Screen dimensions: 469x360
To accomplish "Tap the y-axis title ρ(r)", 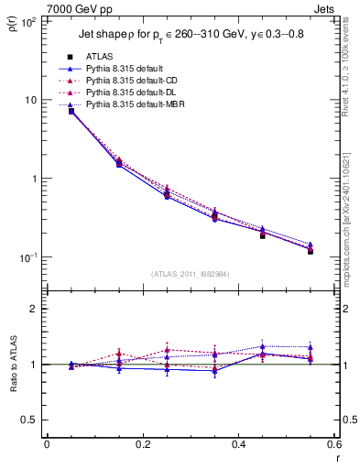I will [x=12, y=24].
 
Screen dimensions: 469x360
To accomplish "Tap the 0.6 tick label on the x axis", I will [x=334, y=445].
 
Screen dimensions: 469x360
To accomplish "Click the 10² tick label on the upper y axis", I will [x=30, y=21].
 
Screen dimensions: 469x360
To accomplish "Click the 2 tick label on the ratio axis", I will [x=37, y=310].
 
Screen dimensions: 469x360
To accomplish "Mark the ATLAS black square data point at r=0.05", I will [x=71, y=111].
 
